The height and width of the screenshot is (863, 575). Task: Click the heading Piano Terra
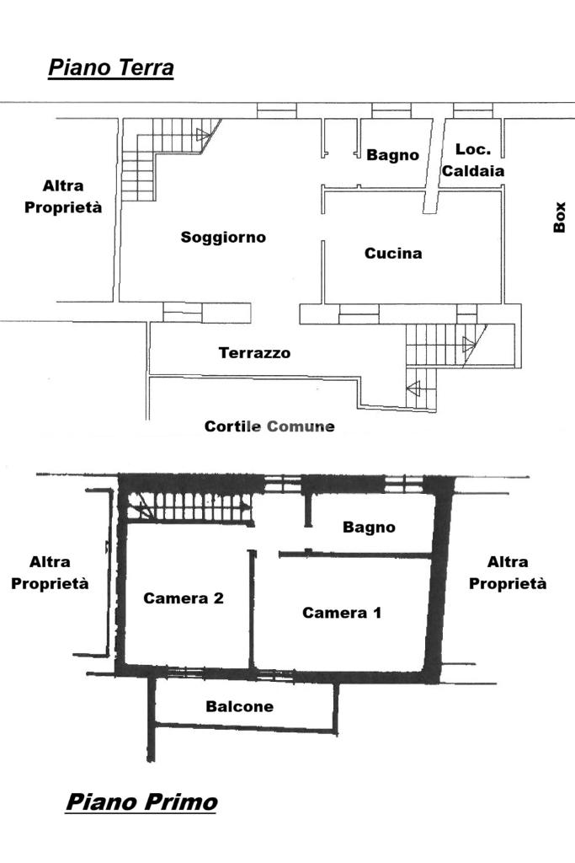click(x=110, y=67)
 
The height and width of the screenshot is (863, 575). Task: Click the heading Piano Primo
click(x=141, y=801)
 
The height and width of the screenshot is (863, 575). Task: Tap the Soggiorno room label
click(x=223, y=238)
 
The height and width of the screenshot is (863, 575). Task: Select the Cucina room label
click(x=393, y=253)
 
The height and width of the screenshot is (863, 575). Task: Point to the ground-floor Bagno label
click(x=392, y=155)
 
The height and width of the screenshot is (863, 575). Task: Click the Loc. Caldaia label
click(x=473, y=160)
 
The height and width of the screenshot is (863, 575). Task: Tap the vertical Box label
click(x=561, y=217)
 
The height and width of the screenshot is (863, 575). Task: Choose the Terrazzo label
click(x=254, y=353)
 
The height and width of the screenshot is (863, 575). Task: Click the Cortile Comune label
click(x=269, y=426)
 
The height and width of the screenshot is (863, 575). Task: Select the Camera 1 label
click(x=342, y=613)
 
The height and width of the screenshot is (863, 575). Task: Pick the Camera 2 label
click(x=184, y=598)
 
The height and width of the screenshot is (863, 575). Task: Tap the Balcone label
click(x=240, y=706)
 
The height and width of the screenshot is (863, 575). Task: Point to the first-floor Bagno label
click(x=369, y=528)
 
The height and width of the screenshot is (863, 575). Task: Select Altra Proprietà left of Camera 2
click(x=50, y=572)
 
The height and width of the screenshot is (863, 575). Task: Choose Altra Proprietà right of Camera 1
click(x=508, y=572)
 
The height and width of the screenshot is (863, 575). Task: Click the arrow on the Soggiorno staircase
click(x=203, y=134)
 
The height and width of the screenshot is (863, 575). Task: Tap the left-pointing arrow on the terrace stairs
click(x=413, y=389)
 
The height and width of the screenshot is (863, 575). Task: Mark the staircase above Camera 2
click(x=189, y=508)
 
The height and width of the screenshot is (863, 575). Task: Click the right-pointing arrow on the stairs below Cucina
click(x=469, y=344)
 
